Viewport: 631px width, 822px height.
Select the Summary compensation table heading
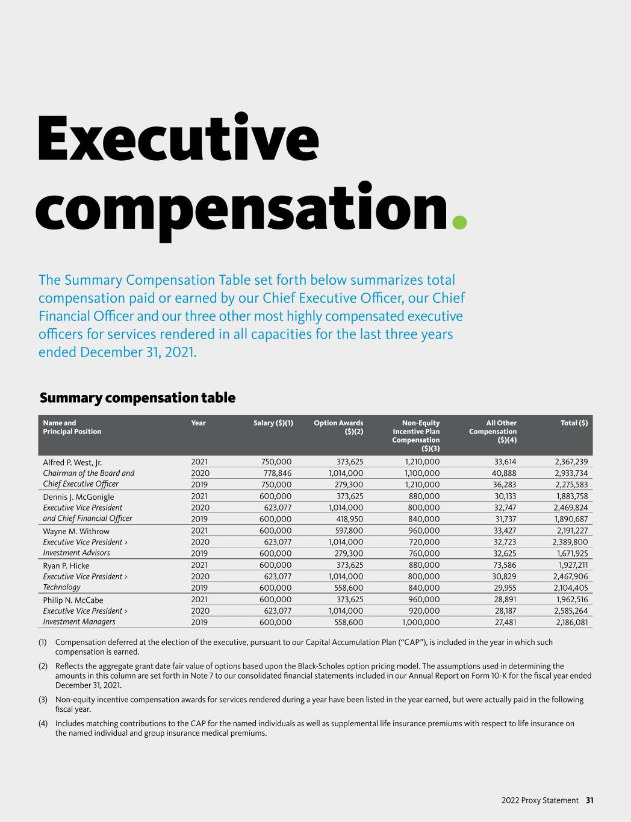137,398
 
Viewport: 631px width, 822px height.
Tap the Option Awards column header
339,427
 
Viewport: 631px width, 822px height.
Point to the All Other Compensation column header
493,431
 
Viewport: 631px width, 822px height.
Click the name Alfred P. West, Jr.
72,462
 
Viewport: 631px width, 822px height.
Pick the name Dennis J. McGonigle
78,497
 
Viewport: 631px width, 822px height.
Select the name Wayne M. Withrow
76,531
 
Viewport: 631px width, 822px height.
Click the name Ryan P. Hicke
66,565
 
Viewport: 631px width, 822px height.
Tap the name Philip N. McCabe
73,600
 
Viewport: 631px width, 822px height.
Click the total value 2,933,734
571,473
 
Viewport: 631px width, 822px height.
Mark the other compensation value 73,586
504,565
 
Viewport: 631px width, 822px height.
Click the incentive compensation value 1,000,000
420,623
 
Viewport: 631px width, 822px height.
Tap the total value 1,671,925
571,553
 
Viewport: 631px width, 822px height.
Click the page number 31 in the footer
590,800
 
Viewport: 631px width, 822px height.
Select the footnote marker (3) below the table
43,700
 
